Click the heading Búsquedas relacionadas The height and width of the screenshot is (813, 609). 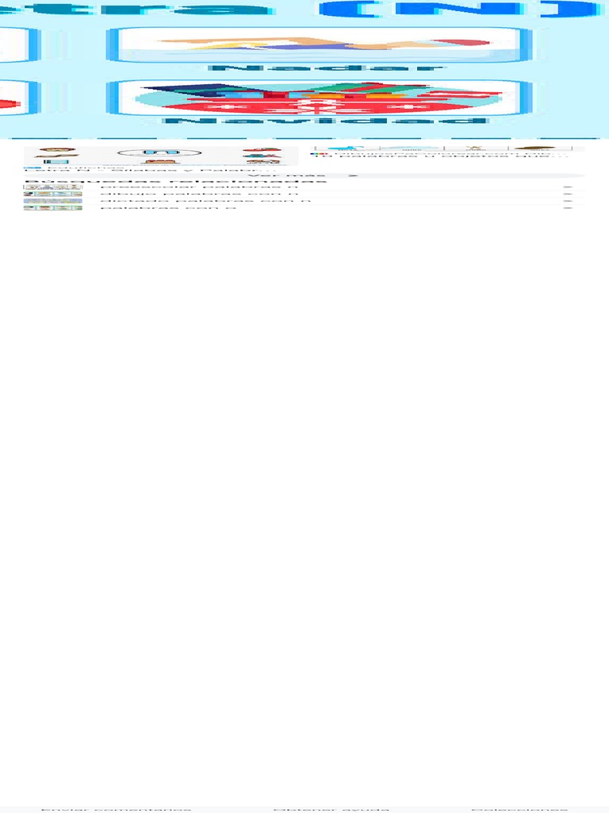click(174, 182)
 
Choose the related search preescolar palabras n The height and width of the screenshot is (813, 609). click(198, 187)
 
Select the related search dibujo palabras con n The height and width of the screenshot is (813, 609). click(198, 194)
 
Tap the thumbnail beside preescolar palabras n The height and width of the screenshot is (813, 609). click(52, 187)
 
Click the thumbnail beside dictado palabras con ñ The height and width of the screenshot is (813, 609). click(52, 201)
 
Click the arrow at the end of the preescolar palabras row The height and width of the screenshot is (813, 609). click(568, 187)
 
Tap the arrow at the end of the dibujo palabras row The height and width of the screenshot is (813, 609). click(568, 194)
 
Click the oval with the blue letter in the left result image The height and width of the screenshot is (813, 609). click(147, 152)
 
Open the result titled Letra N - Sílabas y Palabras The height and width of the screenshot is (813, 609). click(151, 170)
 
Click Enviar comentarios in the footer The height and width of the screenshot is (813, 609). click(116, 809)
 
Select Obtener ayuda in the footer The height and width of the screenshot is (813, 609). click(331, 809)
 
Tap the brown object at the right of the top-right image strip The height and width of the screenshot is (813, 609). click(534, 148)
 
